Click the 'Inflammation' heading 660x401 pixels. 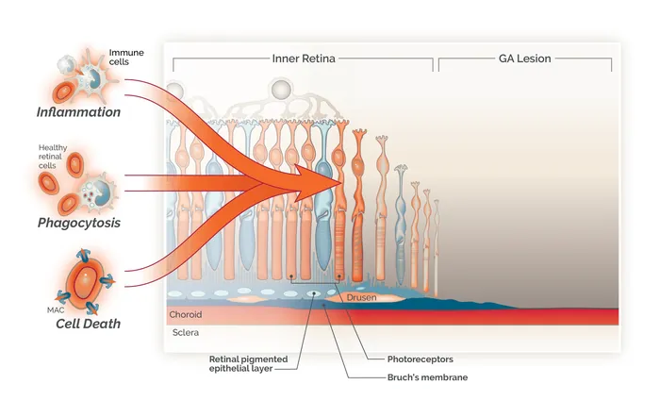(78, 112)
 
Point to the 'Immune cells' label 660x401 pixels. (126, 57)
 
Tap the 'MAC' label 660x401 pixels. (45, 308)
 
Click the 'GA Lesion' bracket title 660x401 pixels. (525, 58)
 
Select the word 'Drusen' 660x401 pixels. (362, 297)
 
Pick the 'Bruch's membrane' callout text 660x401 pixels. (421, 377)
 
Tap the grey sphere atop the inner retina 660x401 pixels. (280, 91)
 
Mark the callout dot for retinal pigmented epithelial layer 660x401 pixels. (314, 294)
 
